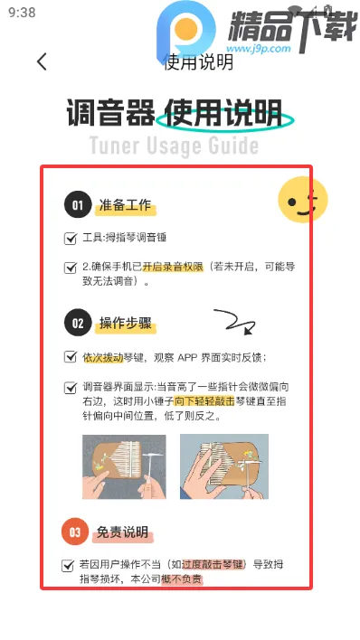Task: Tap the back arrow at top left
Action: [x=42, y=61]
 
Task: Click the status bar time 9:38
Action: [x=21, y=13]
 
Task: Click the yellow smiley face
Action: [x=301, y=200]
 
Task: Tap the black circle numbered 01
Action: [x=78, y=205]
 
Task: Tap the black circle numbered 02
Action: [x=78, y=322]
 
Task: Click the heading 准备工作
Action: [x=126, y=206]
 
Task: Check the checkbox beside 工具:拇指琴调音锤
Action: [x=71, y=239]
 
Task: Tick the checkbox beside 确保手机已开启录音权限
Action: [x=71, y=268]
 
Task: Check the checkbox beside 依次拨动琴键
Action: [x=71, y=357]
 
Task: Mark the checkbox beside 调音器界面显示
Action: [x=71, y=387]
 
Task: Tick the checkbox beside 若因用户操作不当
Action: [x=69, y=566]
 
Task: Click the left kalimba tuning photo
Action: [x=124, y=466]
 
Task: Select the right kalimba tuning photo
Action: [x=223, y=466]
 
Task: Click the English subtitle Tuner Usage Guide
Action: [x=174, y=146]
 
